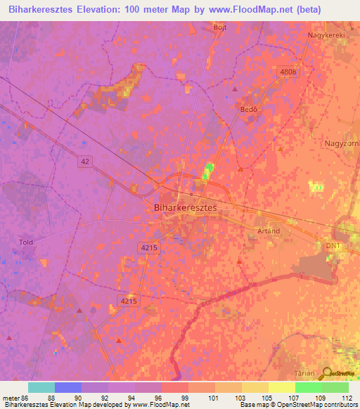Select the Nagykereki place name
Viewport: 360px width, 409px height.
click(x=328, y=34)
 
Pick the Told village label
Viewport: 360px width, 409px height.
click(x=26, y=242)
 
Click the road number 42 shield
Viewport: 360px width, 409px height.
click(x=84, y=161)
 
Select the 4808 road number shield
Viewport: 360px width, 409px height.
click(x=288, y=72)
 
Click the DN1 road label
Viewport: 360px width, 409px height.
click(x=333, y=245)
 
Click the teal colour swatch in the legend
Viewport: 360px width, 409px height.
click(x=41, y=387)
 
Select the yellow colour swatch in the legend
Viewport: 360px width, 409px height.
click(x=281, y=387)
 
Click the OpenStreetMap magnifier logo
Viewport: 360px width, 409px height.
click(x=327, y=373)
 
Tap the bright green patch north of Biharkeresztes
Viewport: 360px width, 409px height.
click(x=207, y=171)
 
